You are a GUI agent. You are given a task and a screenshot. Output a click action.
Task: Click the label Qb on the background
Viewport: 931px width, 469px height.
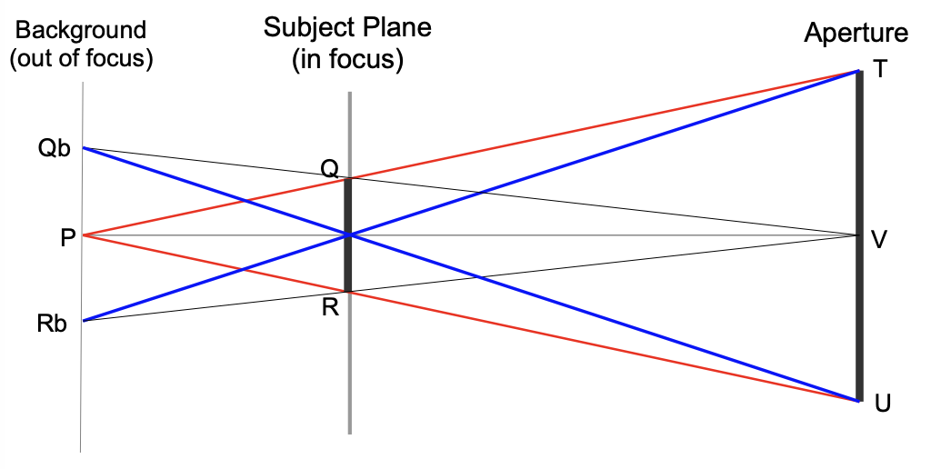54,149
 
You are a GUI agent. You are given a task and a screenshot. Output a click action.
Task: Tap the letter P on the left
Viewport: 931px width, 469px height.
67,238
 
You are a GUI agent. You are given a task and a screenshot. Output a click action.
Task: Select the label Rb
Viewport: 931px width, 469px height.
54,324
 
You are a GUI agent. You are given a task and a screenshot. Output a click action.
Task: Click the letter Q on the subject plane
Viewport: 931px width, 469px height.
329,167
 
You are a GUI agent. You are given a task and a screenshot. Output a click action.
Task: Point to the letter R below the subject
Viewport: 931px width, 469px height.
330,307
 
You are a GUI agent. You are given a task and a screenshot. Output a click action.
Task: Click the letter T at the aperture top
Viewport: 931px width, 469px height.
879,71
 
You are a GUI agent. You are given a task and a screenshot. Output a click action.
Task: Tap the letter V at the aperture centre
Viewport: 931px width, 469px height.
879,239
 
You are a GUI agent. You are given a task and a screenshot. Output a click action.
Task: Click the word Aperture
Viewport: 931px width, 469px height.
856,34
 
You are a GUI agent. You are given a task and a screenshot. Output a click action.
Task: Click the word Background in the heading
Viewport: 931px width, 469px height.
81,30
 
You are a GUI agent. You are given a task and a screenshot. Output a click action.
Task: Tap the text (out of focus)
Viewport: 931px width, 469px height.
81,59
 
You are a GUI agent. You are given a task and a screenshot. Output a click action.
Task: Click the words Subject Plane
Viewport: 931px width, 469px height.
347,27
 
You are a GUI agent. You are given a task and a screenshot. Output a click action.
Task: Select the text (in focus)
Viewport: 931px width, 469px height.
347,60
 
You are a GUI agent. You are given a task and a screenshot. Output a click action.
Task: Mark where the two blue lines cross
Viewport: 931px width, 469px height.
349,235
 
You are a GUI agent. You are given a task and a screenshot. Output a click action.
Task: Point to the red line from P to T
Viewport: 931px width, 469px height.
600,125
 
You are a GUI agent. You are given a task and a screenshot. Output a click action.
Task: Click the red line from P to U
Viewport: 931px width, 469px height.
600,344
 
